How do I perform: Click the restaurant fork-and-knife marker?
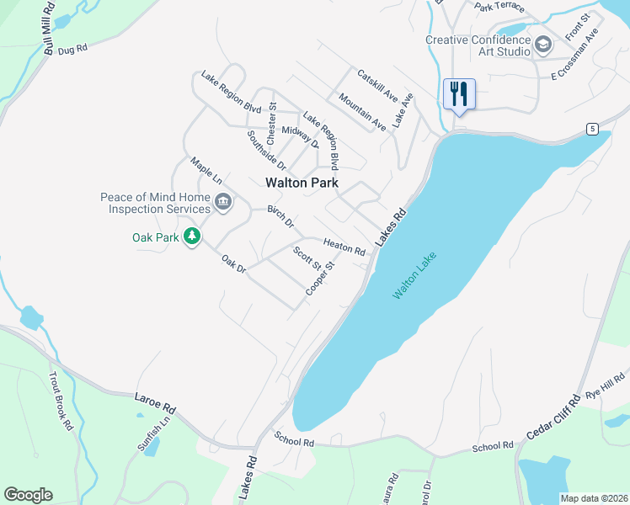[459, 93]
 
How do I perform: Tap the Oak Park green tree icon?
[192, 237]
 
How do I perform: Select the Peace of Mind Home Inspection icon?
[223, 201]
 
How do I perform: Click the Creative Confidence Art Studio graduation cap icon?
[543, 43]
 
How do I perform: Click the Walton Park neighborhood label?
[302, 183]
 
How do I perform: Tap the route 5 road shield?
[593, 128]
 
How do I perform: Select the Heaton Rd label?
[344, 247]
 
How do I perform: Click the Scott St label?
[307, 258]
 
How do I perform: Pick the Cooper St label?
[321, 278]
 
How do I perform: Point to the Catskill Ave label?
[376, 87]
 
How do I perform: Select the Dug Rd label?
[72, 50]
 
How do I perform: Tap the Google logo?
[28, 495]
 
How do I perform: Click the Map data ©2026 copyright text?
[595, 498]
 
